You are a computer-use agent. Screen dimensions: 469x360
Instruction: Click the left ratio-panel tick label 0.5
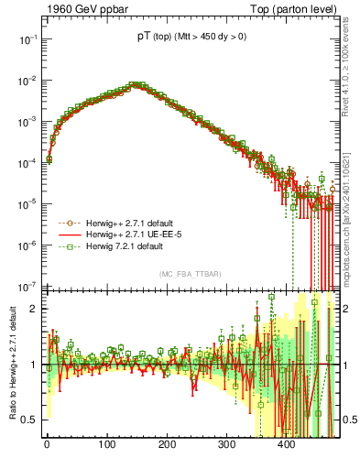27,420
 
